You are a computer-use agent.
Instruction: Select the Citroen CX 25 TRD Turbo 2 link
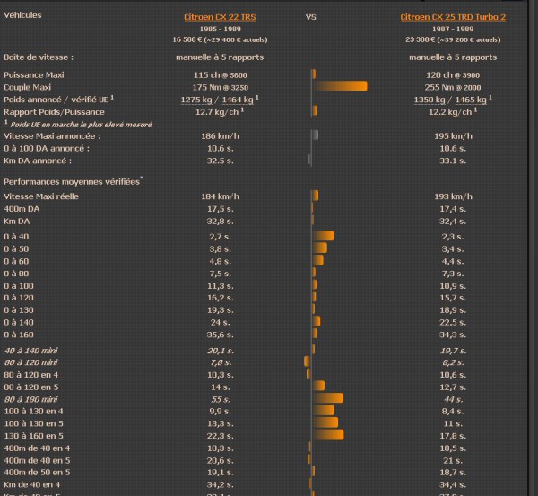click(x=453, y=16)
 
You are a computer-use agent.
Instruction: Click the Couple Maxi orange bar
click(x=340, y=86)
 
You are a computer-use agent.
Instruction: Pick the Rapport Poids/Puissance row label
click(x=48, y=111)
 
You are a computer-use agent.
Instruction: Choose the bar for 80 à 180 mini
click(x=327, y=397)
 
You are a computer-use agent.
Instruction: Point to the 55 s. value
click(x=221, y=397)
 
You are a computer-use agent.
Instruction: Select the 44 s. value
click(x=453, y=397)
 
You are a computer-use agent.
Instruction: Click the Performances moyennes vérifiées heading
click(x=73, y=181)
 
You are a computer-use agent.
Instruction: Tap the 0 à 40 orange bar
click(x=323, y=236)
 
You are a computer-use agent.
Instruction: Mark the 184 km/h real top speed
click(x=220, y=196)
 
